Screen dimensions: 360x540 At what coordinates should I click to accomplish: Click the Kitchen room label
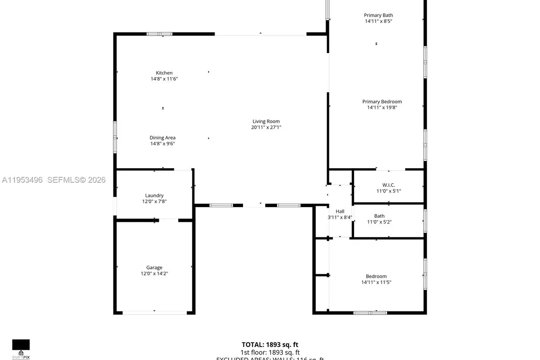[x=164, y=73]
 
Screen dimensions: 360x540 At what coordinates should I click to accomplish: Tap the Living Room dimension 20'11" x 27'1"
[x=266, y=127]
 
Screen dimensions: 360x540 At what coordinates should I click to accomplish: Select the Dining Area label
[x=162, y=138]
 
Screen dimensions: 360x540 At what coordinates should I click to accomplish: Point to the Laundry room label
[x=154, y=195]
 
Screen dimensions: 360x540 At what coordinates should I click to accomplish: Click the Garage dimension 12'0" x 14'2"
[x=154, y=274]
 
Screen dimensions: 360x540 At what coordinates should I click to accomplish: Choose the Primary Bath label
[x=378, y=15]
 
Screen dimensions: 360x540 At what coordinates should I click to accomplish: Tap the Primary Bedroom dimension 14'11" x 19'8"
[x=382, y=108]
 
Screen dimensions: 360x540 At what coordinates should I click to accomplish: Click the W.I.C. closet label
[x=388, y=185]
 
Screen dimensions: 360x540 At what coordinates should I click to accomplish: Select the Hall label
[x=340, y=211]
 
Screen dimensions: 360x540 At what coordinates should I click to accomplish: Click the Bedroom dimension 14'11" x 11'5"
[x=376, y=283]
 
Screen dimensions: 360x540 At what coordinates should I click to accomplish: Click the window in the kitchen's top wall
[x=160, y=34]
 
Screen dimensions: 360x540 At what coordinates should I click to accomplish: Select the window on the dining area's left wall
[x=115, y=137]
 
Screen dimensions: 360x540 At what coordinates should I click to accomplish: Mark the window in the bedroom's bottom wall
[x=370, y=312]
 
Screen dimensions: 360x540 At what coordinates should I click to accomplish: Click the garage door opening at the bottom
[x=154, y=312]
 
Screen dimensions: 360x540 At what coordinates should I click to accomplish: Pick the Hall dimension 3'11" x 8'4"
[x=340, y=217]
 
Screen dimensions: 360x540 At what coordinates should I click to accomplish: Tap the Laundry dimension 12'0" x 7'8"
[x=154, y=202]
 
